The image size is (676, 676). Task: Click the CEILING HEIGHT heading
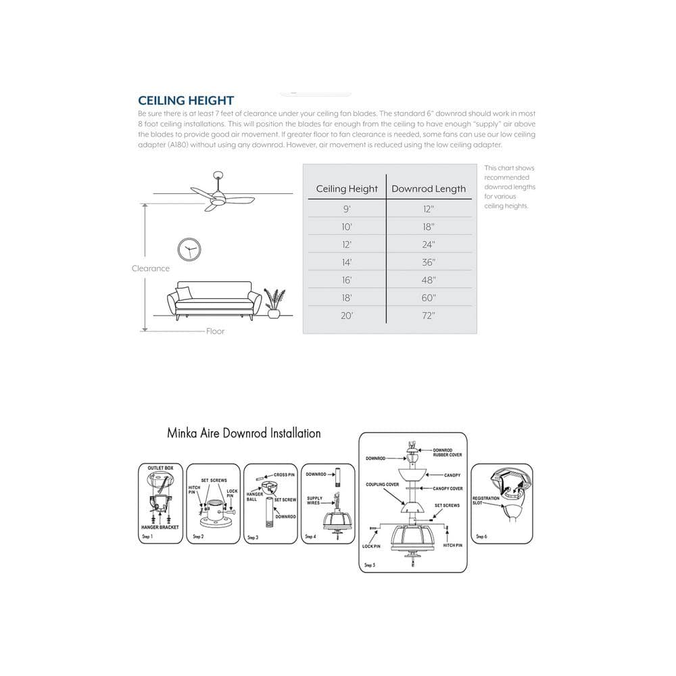pyautogui.click(x=186, y=101)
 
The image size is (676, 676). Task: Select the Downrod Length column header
pyautogui.click(x=429, y=189)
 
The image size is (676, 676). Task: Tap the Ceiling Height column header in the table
pyautogui.click(x=347, y=189)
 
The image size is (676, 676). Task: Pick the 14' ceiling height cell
pyautogui.click(x=347, y=262)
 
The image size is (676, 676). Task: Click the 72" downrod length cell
pyautogui.click(x=429, y=315)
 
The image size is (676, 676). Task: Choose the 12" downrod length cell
pyautogui.click(x=429, y=210)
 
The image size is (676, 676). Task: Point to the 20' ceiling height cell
pyautogui.click(x=347, y=315)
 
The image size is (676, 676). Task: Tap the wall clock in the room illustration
pyautogui.click(x=189, y=249)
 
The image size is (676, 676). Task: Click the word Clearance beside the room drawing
pyautogui.click(x=151, y=268)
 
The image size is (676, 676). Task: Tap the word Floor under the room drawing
pyautogui.click(x=216, y=331)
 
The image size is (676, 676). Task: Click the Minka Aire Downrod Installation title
pyautogui.click(x=244, y=433)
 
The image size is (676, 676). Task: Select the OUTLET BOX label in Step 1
pyautogui.click(x=161, y=468)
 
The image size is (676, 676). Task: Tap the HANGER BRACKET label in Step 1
pyautogui.click(x=160, y=527)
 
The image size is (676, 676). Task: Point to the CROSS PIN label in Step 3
pyautogui.click(x=284, y=475)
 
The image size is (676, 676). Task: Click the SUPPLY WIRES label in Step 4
pyautogui.click(x=314, y=501)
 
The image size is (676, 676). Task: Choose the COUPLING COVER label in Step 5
pyautogui.click(x=382, y=485)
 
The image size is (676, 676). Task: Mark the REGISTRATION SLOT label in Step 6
pyautogui.click(x=485, y=500)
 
